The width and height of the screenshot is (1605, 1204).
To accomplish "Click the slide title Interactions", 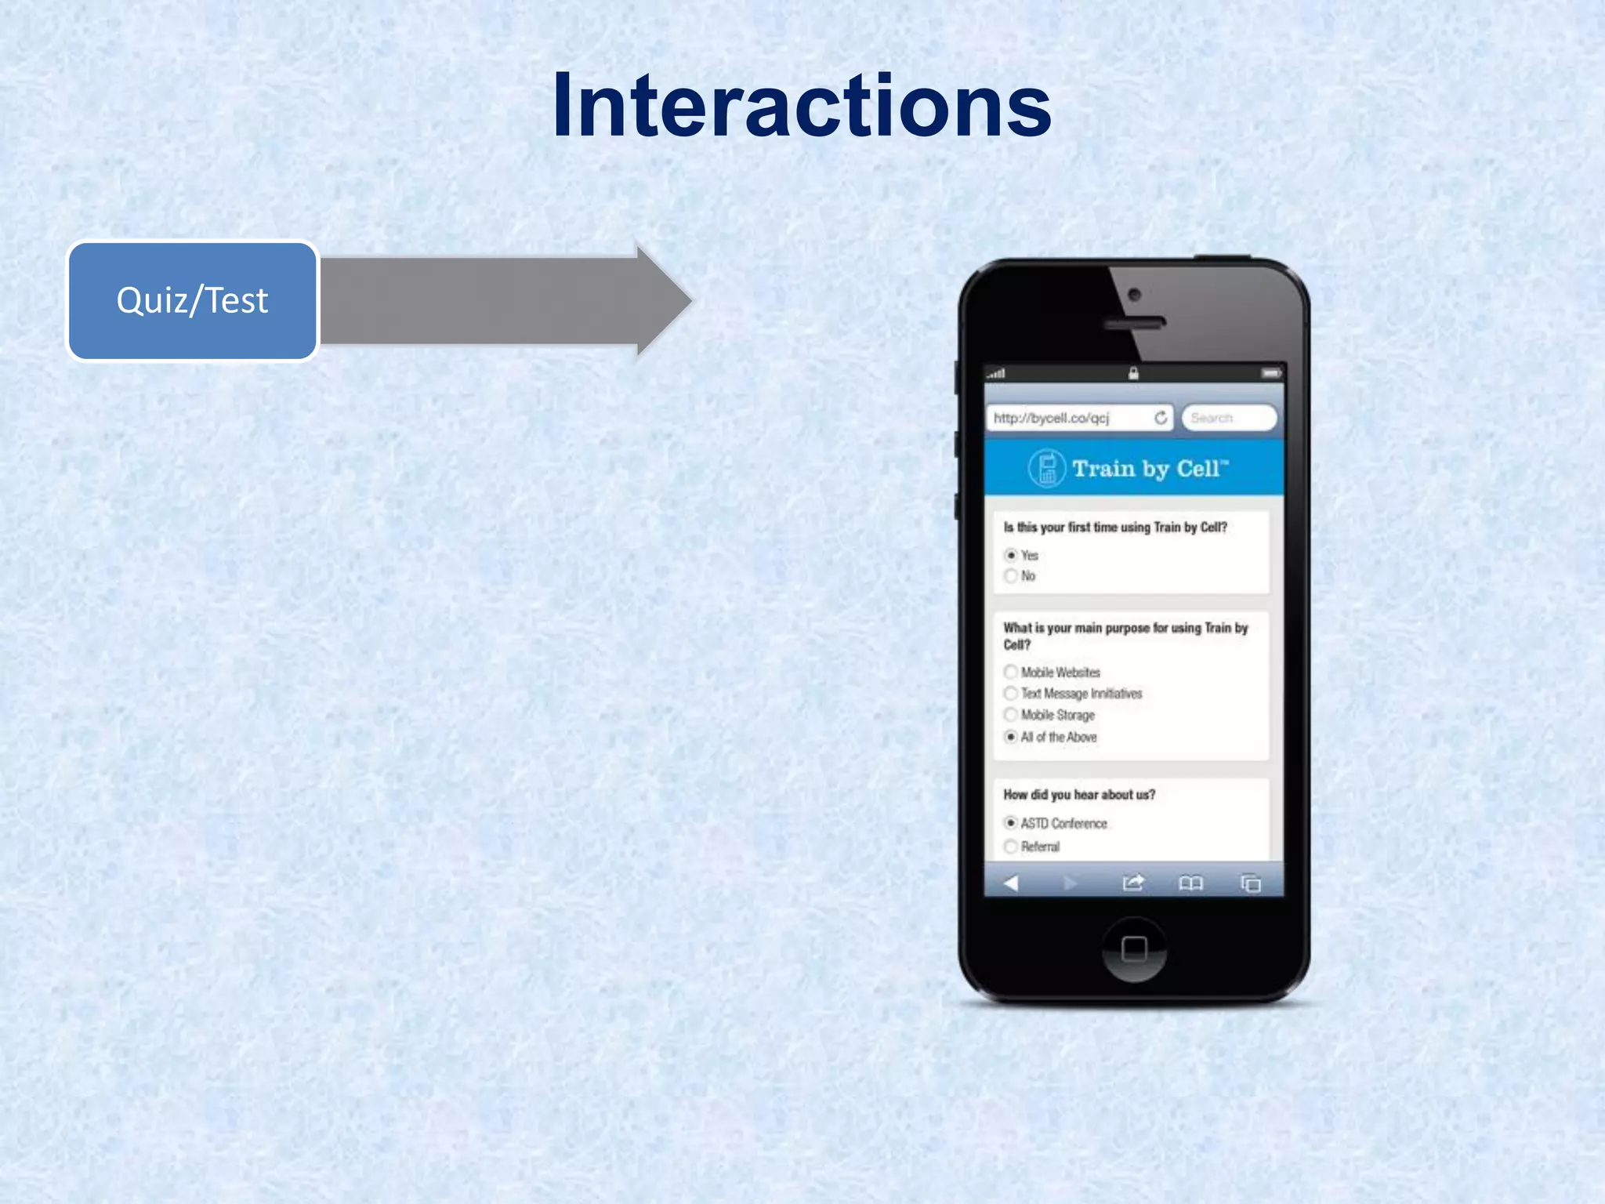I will tap(801, 106).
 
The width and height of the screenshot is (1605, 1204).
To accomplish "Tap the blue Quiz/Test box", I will tap(193, 301).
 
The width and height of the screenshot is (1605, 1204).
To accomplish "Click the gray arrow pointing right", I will tap(502, 301).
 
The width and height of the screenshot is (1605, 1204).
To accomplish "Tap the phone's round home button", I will tap(1134, 949).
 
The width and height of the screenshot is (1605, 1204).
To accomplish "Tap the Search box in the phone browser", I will tap(1228, 418).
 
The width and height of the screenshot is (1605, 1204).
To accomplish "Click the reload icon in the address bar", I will tap(1161, 418).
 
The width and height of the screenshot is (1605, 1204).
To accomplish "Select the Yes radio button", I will tap(1011, 555).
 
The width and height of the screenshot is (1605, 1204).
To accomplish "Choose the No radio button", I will tap(1011, 576).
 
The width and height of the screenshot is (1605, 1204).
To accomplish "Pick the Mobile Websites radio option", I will tap(1011, 672).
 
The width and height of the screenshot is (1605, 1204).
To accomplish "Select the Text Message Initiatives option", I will tap(1011, 693).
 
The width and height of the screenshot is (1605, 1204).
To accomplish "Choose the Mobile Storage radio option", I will tap(1011, 715).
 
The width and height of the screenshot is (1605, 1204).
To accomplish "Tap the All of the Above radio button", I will tap(1011, 737).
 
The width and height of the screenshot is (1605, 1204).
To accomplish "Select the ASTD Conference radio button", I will tap(1011, 823).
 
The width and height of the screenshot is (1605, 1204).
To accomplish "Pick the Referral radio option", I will tap(1011, 847).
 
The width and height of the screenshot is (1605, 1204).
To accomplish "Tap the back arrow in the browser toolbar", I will tap(1011, 883).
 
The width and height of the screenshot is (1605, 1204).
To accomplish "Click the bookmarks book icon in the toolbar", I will tap(1190, 884).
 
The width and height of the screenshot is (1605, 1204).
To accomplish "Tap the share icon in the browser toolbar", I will tap(1133, 883).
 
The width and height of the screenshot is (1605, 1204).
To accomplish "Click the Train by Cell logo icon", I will tap(1046, 469).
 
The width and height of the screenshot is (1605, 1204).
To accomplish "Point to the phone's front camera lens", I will tap(1134, 295).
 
